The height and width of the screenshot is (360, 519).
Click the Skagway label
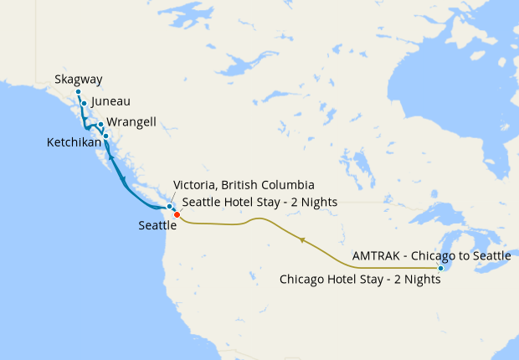point(79,80)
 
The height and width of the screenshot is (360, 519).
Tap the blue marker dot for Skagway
point(79,91)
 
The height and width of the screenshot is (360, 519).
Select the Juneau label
point(110,101)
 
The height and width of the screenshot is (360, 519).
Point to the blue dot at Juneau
point(85,103)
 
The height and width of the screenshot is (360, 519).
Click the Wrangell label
point(132,122)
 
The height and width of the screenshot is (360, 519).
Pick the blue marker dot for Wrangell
point(100,125)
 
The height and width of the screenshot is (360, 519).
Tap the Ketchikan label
point(75,143)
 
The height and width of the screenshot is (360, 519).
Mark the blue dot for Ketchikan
point(106,136)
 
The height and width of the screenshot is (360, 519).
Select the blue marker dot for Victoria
point(169,206)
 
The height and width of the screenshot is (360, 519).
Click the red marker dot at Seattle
point(177,215)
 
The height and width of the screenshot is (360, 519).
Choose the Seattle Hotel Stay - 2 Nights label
point(259,202)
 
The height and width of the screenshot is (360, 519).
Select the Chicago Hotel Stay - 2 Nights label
point(360,280)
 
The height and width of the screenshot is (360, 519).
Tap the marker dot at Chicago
point(440,268)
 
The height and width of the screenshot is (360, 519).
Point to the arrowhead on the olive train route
point(301,240)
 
